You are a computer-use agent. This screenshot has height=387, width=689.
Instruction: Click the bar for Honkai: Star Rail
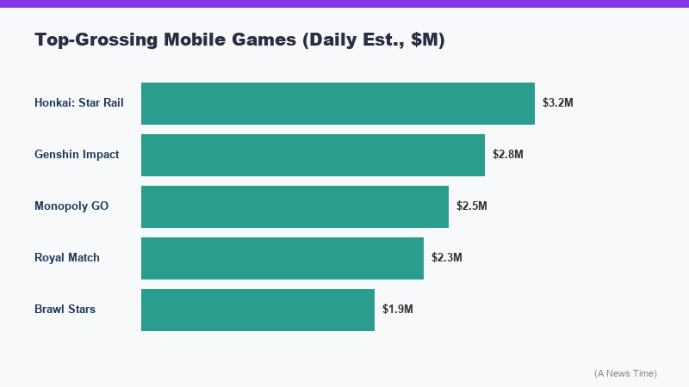tap(338, 103)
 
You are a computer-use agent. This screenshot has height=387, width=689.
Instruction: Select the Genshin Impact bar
tap(313, 155)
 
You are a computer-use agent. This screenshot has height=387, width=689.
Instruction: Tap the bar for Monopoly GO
tap(295, 206)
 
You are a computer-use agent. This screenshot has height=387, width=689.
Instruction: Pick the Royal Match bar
tap(282, 258)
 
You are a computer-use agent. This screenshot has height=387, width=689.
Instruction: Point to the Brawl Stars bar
tap(258, 310)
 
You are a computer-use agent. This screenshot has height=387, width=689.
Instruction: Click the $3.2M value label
tap(557, 103)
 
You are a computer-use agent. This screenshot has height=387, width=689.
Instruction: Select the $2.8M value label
tap(507, 155)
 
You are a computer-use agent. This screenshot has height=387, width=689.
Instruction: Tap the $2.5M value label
tap(471, 206)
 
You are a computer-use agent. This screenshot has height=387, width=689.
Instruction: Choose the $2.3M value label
tap(446, 258)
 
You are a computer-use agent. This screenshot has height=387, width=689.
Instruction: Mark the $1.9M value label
tap(397, 310)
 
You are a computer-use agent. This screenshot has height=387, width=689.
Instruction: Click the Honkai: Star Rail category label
tap(79, 103)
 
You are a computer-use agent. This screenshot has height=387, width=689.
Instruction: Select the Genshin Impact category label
tap(77, 155)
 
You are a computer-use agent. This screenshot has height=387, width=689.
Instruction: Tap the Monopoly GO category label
tap(71, 206)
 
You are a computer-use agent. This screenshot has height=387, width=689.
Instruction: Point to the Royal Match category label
tap(67, 258)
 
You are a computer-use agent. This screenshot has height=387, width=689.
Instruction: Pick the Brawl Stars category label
tap(65, 310)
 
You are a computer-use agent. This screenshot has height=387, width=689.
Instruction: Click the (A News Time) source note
tap(625, 373)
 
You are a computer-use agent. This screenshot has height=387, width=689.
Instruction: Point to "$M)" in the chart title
tap(427, 40)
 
